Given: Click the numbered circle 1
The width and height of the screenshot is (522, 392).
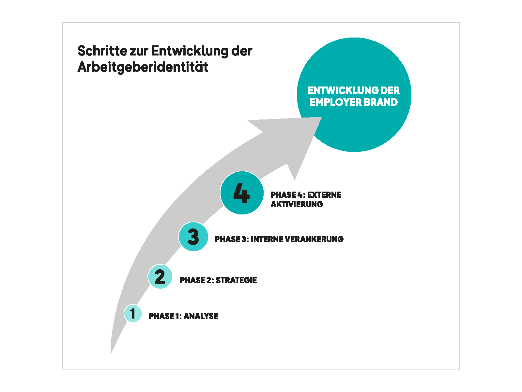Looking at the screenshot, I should pos(133,313).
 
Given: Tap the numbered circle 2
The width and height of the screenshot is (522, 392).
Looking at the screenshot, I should pos(160,276).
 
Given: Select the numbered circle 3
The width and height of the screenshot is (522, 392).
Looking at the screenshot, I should pos(193,237).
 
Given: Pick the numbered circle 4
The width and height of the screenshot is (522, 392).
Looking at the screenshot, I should pos(242,193).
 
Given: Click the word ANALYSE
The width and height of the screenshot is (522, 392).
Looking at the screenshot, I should pos(201,316).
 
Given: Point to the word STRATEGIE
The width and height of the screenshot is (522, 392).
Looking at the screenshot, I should pos(236,280).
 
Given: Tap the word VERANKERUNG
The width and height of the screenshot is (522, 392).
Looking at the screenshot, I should pos(314,239).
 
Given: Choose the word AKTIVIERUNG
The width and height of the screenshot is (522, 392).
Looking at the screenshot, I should pos(297,204).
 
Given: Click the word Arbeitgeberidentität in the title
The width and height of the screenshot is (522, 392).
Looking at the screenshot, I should pos(143,67).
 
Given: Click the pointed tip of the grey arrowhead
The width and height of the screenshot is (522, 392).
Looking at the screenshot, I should pos(321,118).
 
